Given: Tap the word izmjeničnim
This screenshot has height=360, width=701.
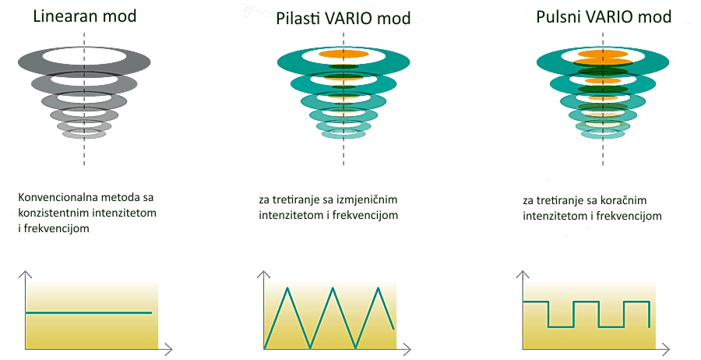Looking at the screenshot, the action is pyautogui.click(x=367, y=199).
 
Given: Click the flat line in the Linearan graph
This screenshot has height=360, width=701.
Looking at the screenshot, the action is pyautogui.click(x=89, y=312).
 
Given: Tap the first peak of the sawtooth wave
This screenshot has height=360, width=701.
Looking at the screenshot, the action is pyautogui.click(x=287, y=288).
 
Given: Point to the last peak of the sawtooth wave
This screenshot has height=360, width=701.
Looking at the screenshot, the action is pyautogui.click(x=379, y=288).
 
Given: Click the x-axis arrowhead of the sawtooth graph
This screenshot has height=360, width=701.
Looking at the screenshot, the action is pyautogui.click(x=407, y=348).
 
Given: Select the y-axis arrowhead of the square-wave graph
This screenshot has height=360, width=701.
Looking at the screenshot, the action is pyautogui.click(x=523, y=274).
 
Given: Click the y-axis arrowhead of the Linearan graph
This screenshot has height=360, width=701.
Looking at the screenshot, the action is pyautogui.click(x=26, y=274).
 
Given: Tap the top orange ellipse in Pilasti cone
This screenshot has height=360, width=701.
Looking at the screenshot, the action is pyautogui.click(x=343, y=55).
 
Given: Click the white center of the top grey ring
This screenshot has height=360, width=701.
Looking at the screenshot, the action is pyautogui.click(x=84, y=56).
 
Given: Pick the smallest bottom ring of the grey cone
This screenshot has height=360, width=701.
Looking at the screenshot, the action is pyautogui.click(x=84, y=134).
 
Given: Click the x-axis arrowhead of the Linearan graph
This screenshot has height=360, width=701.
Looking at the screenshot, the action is pyautogui.click(x=168, y=348).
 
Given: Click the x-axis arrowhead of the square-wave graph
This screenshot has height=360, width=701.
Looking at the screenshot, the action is pyautogui.click(x=666, y=348).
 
